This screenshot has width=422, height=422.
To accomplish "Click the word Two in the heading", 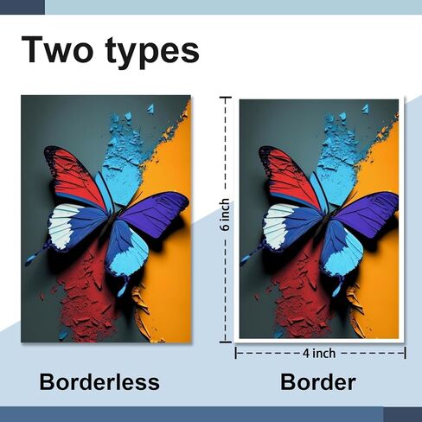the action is coord(57,49).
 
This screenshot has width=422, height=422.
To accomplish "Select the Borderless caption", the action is coord(99,382).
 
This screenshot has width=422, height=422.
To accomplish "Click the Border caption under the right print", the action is coord(318,382).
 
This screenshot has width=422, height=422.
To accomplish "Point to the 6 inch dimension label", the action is coord(226,214).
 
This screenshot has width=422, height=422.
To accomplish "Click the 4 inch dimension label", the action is coord(319,353).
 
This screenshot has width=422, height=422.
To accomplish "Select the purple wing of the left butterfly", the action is coord(154,214).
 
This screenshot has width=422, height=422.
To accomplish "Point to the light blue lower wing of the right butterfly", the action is coord(344,253).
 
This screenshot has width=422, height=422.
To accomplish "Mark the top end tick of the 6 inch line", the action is coord(226,98).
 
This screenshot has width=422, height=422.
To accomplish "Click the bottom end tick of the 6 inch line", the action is coord(226,342).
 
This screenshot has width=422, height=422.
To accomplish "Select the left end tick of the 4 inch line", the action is coord(236,353).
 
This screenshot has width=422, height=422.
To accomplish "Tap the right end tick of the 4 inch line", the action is coord(405,353).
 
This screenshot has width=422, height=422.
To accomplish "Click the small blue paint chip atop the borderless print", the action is coord(150,109).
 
